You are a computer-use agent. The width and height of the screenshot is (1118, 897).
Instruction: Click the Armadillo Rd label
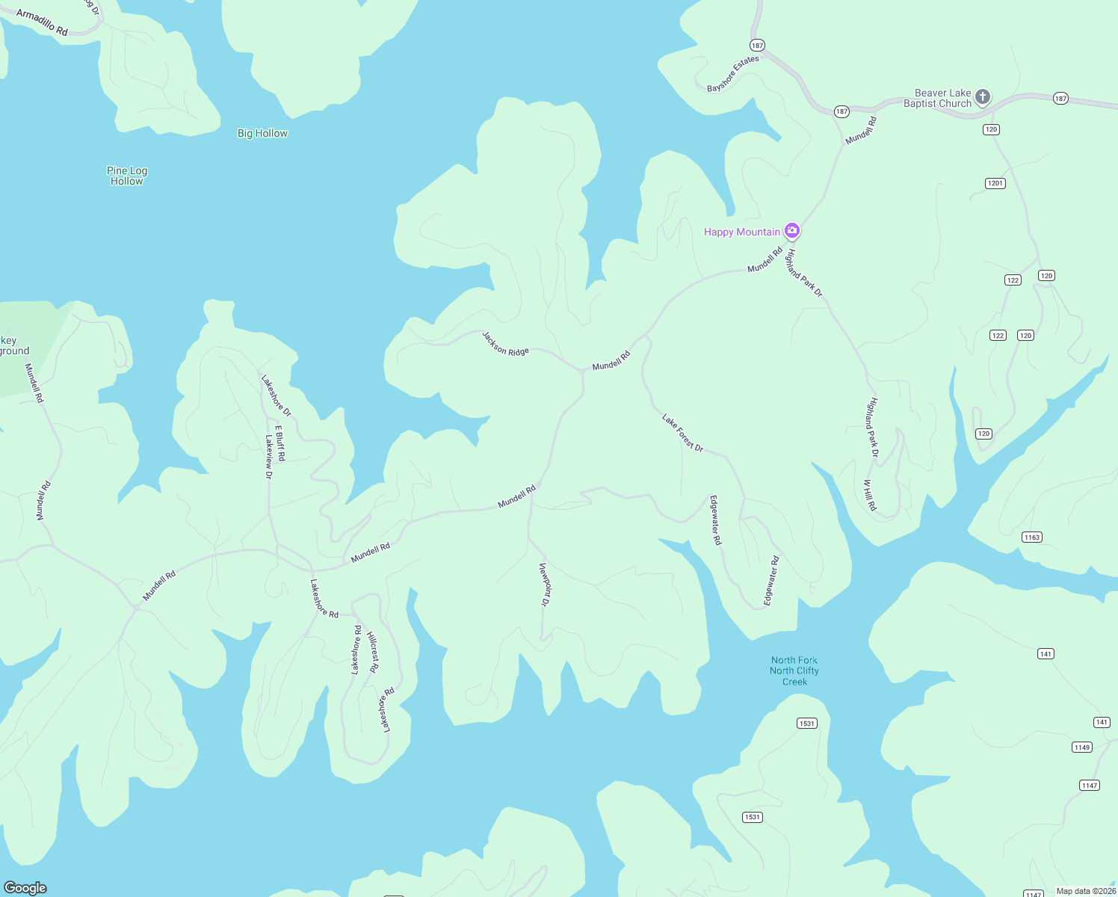tap(42, 22)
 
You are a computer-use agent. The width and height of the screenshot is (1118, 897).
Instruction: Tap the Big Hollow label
tap(262, 133)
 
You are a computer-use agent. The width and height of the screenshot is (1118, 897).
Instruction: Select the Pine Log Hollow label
tap(127, 176)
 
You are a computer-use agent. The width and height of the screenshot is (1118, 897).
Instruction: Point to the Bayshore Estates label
tap(733, 74)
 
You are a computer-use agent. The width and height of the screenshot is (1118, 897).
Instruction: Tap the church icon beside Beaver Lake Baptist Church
tap(983, 96)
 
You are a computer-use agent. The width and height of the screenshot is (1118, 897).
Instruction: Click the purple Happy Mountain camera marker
tap(792, 231)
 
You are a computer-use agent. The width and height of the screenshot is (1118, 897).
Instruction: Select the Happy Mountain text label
tap(741, 232)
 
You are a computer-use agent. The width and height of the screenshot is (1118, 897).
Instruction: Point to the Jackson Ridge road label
tap(505, 344)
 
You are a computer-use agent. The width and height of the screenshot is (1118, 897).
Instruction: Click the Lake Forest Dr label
tap(682, 433)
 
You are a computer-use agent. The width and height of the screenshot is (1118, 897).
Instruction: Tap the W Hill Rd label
tap(870, 495)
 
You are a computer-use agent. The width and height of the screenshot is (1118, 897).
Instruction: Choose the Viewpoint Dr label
tap(545, 584)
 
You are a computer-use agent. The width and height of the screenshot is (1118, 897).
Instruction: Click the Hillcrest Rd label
tap(373, 653)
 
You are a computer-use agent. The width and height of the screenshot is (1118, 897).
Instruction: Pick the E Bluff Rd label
tap(280, 443)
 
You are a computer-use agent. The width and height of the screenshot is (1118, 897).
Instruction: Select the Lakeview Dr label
tap(269, 456)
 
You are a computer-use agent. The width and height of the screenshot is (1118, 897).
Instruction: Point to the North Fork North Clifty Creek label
tap(794, 671)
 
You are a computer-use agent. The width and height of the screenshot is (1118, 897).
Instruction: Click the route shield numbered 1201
tap(995, 183)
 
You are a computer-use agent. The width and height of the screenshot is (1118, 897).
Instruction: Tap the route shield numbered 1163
tap(1032, 537)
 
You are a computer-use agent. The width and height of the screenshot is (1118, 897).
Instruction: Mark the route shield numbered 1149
tap(1081, 747)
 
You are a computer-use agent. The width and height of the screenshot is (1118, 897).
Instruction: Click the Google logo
tap(25, 887)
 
